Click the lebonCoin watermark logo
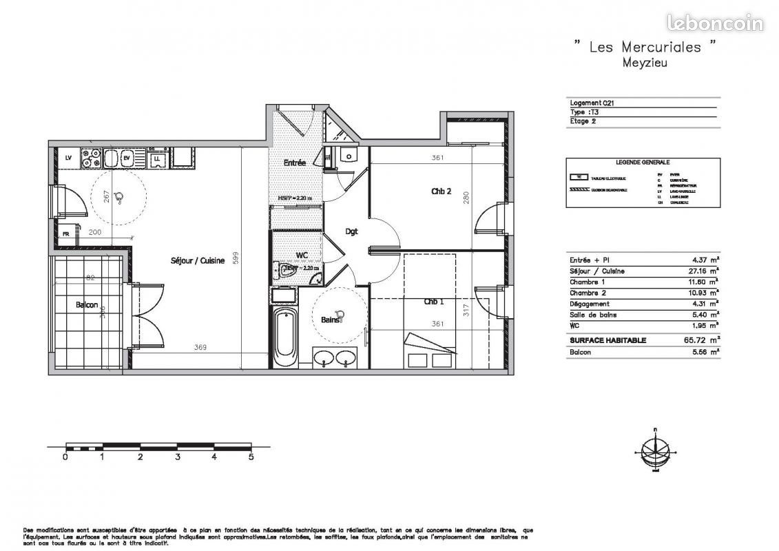714,23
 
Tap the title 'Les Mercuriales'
645,47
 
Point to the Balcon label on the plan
86,305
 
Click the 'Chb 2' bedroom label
441,191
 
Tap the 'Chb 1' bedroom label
433,302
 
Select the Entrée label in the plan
295,163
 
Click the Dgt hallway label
351,231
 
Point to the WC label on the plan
302,256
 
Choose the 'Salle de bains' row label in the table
593,315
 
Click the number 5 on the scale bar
251,456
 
